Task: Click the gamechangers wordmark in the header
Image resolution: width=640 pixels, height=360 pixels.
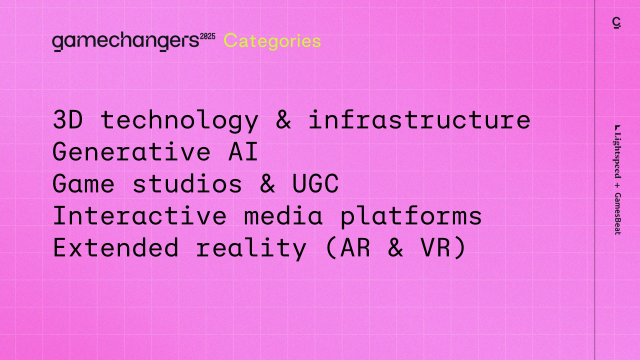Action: click(125, 42)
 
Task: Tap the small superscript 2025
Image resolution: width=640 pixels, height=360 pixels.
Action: click(207, 36)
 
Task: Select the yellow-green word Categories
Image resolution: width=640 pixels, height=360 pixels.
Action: click(272, 41)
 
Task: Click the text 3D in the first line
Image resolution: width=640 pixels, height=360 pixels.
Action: click(67, 120)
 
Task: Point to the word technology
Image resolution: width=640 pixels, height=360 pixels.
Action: click(179, 121)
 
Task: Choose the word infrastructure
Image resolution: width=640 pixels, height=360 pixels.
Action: click(419, 119)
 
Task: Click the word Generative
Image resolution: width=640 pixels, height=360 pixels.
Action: click(131, 151)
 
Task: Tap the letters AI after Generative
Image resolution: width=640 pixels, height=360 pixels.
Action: click(243, 151)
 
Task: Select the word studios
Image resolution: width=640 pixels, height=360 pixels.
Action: click(187, 183)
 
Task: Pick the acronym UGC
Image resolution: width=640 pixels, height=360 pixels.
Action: click(315, 183)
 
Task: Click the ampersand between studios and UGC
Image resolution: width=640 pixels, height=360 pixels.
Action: click(267, 183)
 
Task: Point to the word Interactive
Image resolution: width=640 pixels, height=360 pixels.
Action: click(139, 215)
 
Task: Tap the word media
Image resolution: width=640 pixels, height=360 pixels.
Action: click(283, 215)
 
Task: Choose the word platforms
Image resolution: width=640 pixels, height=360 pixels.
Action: click(411, 217)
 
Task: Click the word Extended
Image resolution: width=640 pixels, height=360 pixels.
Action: click(115, 247)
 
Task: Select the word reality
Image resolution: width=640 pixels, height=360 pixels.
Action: click(251, 249)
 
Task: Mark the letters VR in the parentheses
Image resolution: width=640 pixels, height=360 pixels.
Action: click(435, 247)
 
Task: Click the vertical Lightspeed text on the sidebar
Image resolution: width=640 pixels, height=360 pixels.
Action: click(617, 151)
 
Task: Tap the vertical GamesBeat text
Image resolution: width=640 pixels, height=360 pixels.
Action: click(617, 213)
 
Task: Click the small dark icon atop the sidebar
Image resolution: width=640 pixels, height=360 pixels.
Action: click(616, 23)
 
